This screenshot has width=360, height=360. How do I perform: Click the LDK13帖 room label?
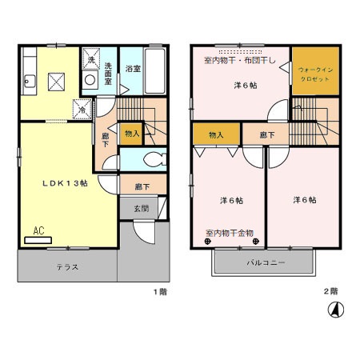(x=65, y=182)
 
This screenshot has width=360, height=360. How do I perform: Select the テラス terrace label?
(x=67, y=266)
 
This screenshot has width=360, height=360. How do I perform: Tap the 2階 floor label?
(x=330, y=291)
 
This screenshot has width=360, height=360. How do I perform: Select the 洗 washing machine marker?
(x=90, y=61)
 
